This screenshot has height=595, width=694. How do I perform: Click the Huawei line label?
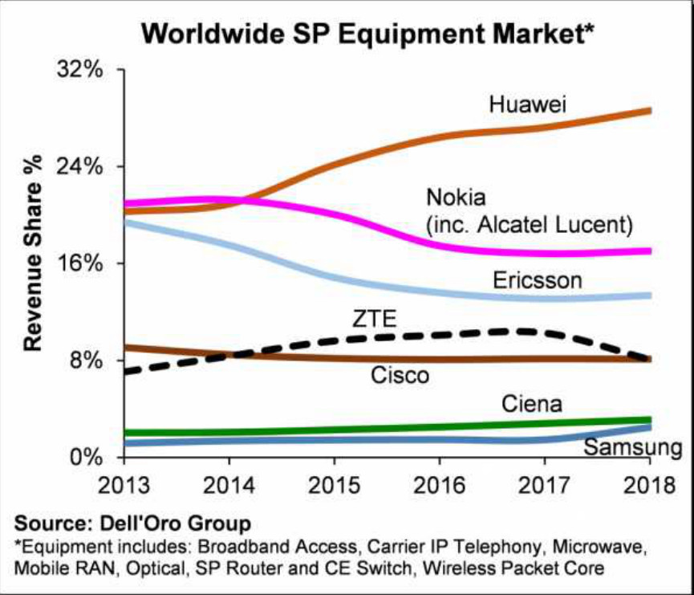(527, 104)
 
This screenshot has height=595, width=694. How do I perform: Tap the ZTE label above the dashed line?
(374, 318)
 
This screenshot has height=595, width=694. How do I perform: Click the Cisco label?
(400, 374)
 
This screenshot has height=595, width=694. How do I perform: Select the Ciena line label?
(531, 403)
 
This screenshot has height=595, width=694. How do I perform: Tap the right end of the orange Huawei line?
(648, 111)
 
